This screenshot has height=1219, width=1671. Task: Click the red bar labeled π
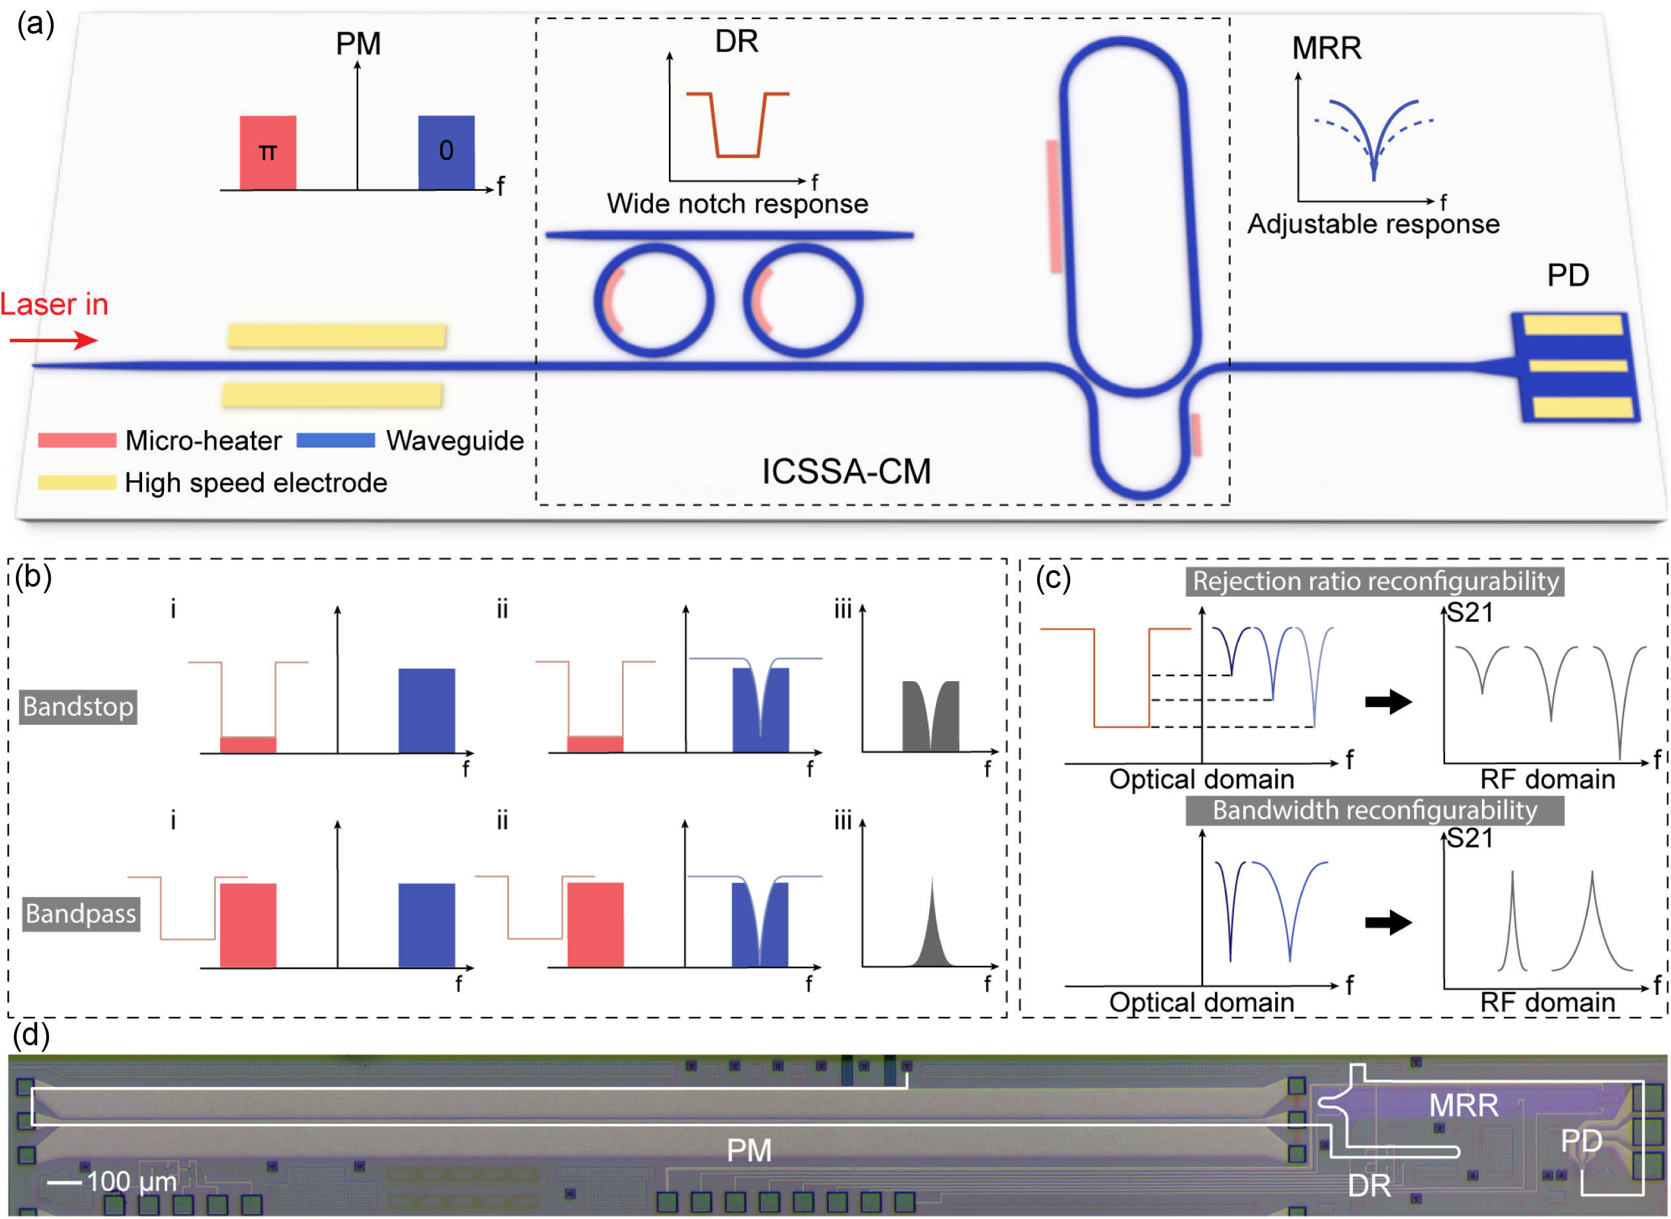point(268,153)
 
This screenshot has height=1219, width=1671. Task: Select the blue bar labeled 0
point(446,153)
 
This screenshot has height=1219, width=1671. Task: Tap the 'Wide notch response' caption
point(736,203)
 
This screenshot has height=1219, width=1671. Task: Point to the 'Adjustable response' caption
point(1373,223)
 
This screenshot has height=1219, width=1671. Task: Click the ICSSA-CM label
point(846,472)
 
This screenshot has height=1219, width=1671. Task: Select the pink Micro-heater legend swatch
point(77,441)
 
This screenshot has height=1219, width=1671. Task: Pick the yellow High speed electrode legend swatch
point(77,482)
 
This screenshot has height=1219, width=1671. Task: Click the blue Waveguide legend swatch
point(336,441)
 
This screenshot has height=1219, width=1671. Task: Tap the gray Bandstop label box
point(78,707)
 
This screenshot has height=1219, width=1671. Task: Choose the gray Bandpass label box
point(81,914)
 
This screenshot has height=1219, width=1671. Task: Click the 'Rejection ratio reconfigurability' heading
point(1375,581)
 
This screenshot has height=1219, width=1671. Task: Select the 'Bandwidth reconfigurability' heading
point(1374,810)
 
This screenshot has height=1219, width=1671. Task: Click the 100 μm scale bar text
point(132,1181)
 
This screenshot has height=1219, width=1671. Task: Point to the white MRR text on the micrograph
point(1463,1105)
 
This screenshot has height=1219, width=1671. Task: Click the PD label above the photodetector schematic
point(1568,276)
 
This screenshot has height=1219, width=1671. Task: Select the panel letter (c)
point(1053,577)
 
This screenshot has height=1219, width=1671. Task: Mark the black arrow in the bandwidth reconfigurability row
point(1388,922)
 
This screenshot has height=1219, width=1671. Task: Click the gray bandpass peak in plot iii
point(931,937)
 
